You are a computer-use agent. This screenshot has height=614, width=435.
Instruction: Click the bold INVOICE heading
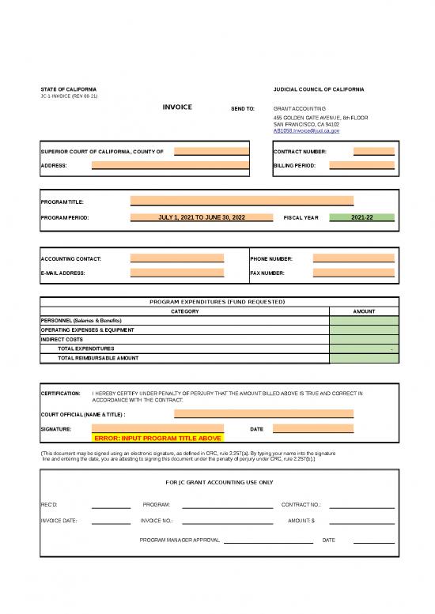177,106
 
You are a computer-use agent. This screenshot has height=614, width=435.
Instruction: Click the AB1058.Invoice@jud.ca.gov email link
306,131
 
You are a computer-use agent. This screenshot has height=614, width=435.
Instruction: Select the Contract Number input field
373,151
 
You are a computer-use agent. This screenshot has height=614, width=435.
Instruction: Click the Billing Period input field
361,166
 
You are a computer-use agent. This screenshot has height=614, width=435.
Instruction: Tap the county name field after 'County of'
203,151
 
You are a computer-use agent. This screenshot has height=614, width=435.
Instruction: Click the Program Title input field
241,202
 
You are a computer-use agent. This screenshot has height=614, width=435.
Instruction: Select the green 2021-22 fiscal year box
361,217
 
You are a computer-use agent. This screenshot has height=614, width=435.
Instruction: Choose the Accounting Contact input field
177,258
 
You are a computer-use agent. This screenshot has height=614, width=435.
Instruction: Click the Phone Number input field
354,258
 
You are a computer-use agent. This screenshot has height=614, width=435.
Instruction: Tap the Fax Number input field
354,273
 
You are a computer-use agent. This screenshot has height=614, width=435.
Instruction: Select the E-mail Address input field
177,273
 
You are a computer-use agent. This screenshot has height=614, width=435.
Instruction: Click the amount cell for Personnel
364,320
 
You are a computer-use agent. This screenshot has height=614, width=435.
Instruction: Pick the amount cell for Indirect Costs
364,339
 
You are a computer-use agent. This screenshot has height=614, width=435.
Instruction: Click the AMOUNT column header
364,311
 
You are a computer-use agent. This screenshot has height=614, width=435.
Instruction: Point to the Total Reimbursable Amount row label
98,358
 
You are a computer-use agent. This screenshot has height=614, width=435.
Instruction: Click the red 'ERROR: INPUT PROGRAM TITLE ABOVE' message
157,437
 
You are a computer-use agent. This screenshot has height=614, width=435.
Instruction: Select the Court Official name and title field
263,413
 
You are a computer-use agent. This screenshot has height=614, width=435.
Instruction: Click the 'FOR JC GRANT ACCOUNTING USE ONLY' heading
217,481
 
